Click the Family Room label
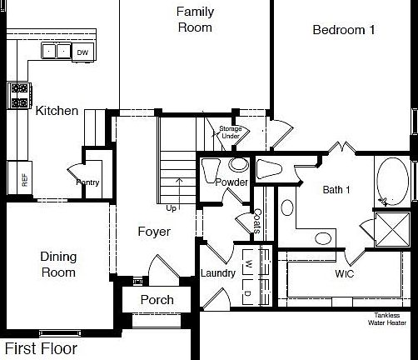[195, 19]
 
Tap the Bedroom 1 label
[344, 29]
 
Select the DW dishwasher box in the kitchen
[82, 52]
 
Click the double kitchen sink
[57, 52]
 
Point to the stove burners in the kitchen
[18, 94]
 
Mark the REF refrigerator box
[23, 177]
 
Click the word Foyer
[155, 232]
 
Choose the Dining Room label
[58, 266]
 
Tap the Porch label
[157, 300]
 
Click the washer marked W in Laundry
[247, 264]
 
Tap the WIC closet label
[346, 273]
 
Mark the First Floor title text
[42, 348]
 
